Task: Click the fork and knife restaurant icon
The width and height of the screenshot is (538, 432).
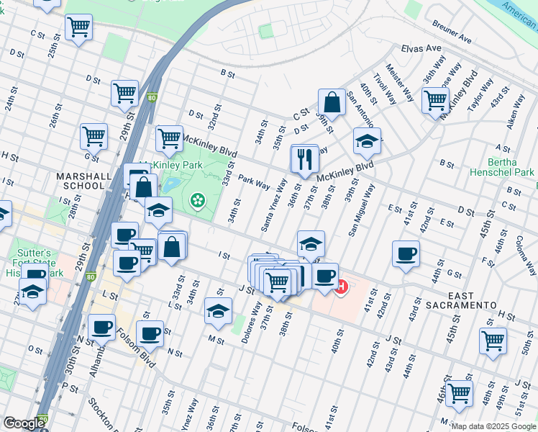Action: coord(304,158)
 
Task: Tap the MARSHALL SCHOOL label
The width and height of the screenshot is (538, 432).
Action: coord(83,181)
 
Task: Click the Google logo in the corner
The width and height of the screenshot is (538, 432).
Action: coord(24,423)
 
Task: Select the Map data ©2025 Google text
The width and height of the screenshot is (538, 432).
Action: coord(493,426)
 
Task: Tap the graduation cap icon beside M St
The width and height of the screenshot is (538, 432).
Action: coord(216,310)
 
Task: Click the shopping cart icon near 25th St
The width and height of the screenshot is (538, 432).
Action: coord(78,28)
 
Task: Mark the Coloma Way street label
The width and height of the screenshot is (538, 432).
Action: coord(526,256)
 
